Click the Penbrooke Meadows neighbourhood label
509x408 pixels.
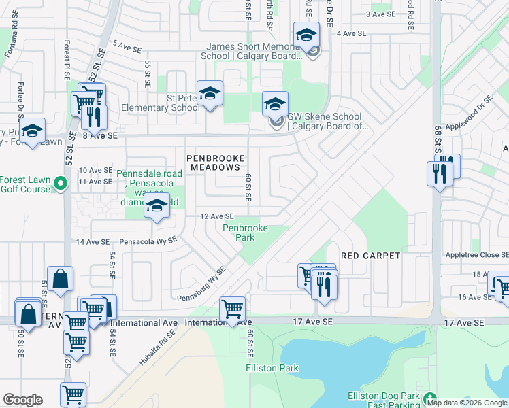(x=214, y=162)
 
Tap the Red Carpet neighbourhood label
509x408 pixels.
(x=370, y=256)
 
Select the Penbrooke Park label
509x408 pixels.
(x=245, y=233)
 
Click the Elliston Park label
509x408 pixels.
(x=272, y=368)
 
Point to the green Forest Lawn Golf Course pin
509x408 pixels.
(x=60, y=183)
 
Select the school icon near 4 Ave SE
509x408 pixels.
(x=307, y=35)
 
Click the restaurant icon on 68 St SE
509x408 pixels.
(x=440, y=174)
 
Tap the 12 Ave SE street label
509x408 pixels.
(x=217, y=216)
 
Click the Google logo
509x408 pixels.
(x=22, y=400)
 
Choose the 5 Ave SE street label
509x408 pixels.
(x=127, y=46)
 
